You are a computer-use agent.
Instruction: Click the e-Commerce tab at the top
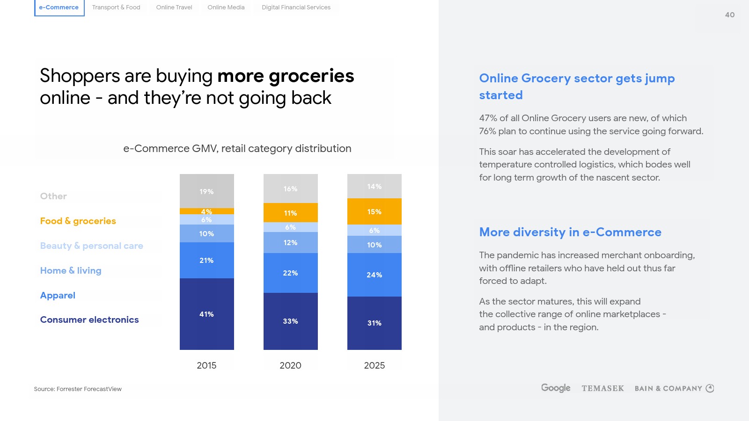pyautogui.click(x=59, y=7)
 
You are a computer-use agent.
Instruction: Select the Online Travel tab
pyautogui.click(x=174, y=7)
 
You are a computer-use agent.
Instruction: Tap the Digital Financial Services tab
pyautogui.click(x=296, y=7)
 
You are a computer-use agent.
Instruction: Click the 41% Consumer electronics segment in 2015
pyautogui.click(x=206, y=314)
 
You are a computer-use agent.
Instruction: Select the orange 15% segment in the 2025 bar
pyautogui.click(x=374, y=211)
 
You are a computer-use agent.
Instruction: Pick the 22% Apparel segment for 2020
pyautogui.click(x=290, y=273)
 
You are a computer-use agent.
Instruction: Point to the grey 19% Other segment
pyautogui.click(x=206, y=191)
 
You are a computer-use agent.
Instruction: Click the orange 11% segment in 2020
pyautogui.click(x=290, y=213)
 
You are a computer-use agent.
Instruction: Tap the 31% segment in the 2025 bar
pyautogui.click(x=374, y=323)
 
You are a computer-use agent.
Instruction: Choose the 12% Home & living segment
pyautogui.click(x=290, y=242)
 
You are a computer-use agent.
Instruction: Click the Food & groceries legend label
pyautogui.click(x=78, y=221)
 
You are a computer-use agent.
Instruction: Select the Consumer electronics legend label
pyautogui.click(x=89, y=319)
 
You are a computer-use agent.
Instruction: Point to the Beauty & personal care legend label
pyautogui.click(x=92, y=246)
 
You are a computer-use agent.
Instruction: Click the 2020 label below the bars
pyautogui.click(x=290, y=365)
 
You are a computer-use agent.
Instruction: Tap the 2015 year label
pyautogui.click(x=206, y=365)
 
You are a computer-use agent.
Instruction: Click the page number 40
pyautogui.click(x=729, y=15)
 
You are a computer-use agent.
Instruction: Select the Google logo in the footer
pyautogui.click(x=556, y=388)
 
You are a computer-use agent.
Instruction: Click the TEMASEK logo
pyautogui.click(x=602, y=388)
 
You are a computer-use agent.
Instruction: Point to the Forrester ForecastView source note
pyautogui.click(x=78, y=389)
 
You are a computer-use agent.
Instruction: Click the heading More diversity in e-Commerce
pyautogui.click(x=570, y=232)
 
